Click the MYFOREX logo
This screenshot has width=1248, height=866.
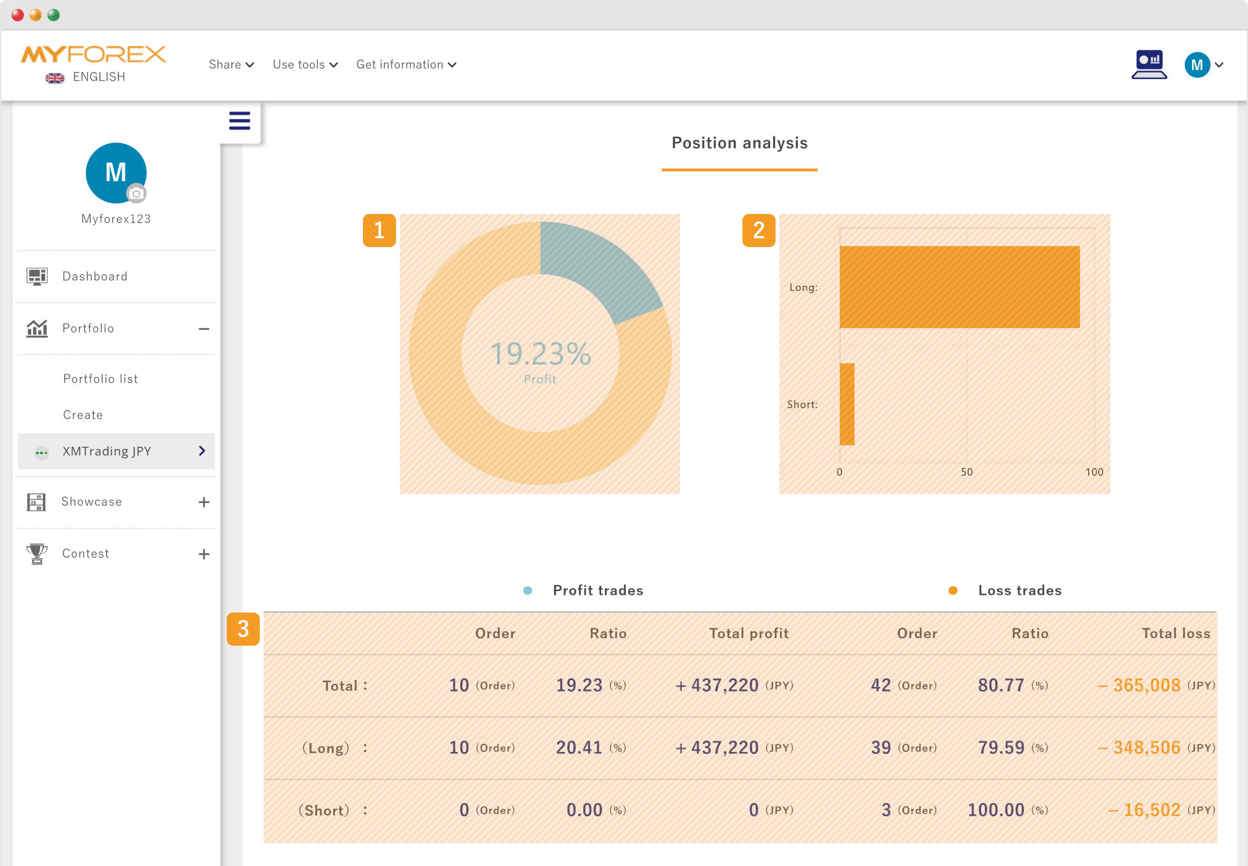tap(94, 55)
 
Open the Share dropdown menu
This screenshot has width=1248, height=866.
tap(231, 64)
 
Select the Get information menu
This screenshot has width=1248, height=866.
tap(406, 64)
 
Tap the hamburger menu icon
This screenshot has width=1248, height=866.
tap(239, 120)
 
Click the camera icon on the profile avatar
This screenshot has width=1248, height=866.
tap(136, 194)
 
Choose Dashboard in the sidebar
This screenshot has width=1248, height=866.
tap(95, 276)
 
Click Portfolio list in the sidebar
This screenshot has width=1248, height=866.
tap(101, 379)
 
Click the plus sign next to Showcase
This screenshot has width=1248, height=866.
tap(204, 502)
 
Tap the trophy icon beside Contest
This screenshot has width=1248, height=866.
tap(37, 553)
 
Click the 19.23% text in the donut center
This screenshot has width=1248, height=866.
tap(541, 354)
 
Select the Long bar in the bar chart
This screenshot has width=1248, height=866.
tap(960, 287)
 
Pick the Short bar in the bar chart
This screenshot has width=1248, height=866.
tap(847, 404)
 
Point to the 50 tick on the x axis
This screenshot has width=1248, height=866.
tap(967, 472)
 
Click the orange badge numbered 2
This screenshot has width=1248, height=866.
tap(759, 231)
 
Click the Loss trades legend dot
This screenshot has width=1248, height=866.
tap(953, 590)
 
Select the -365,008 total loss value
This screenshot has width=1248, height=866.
tap(1139, 685)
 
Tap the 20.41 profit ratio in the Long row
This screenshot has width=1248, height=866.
tap(579, 748)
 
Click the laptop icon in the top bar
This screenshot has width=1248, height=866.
tap(1149, 64)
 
